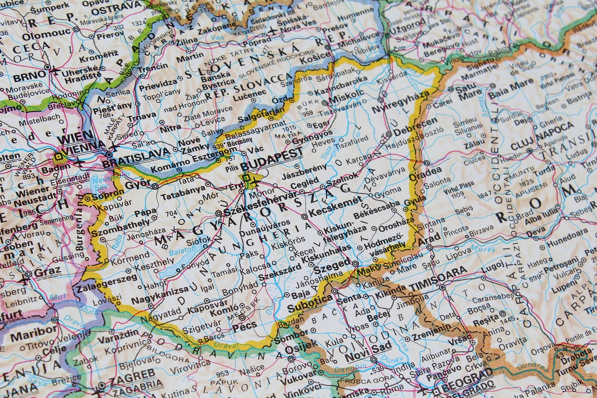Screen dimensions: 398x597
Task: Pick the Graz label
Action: point(48,272)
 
